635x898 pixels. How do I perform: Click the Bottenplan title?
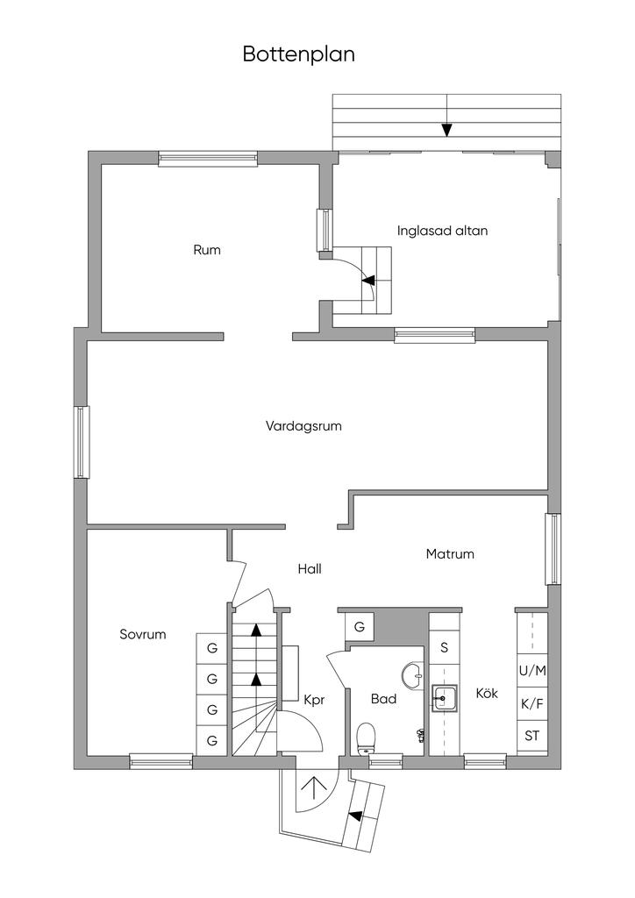coord(299,54)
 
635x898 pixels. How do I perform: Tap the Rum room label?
coord(207,250)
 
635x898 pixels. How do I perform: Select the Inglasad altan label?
coord(442,232)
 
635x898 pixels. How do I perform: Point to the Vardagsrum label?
coord(303,426)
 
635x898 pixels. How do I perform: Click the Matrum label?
coord(450,554)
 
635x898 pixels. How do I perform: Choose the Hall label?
coord(310,568)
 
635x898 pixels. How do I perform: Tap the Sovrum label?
coord(143,634)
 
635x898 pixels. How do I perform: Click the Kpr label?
coord(315,701)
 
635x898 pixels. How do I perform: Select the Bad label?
coord(383,699)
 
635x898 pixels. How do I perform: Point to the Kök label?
coord(487,693)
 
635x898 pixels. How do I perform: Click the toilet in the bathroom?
coord(367,738)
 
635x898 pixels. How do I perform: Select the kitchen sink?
coord(445,699)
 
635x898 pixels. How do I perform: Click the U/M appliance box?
coord(532,671)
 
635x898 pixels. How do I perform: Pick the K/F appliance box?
coord(532,703)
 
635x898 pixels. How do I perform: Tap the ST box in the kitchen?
coord(532,736)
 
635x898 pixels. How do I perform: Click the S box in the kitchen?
coord(445,648)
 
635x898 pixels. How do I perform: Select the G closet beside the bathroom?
coord(360,627)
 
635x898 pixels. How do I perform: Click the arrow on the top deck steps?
coord(446,130)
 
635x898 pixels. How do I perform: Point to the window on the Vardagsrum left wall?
coord(82,441)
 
